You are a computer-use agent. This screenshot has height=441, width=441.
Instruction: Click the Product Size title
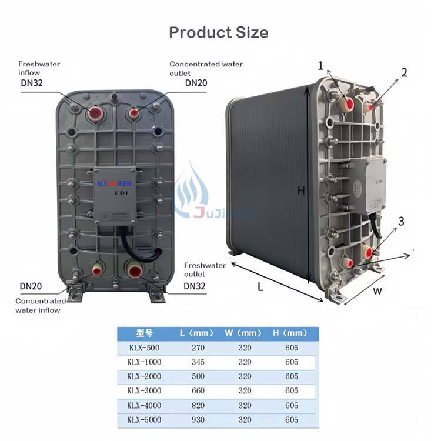218,32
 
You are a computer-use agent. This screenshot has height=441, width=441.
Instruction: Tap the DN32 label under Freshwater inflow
31,83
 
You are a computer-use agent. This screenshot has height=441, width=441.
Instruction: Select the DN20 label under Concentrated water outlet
196,83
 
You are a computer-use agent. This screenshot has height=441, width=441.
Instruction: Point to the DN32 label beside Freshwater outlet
196,286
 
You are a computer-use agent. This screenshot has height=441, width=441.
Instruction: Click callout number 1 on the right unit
321,66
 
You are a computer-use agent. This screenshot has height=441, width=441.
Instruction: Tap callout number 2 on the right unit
404,72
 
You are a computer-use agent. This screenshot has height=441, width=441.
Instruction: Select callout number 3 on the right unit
401,221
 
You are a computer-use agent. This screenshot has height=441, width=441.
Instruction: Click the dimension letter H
300,191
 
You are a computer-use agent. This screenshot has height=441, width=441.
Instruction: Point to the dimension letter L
260,288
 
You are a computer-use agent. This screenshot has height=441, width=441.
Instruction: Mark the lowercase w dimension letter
377,290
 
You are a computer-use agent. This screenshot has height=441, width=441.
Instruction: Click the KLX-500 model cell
144,348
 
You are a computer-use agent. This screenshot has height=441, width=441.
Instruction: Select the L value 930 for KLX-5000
198,420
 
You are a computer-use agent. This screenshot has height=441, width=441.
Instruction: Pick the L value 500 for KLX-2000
198,376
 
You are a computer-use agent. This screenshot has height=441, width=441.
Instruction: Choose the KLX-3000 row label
144,391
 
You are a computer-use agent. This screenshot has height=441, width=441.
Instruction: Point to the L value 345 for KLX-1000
198,362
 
